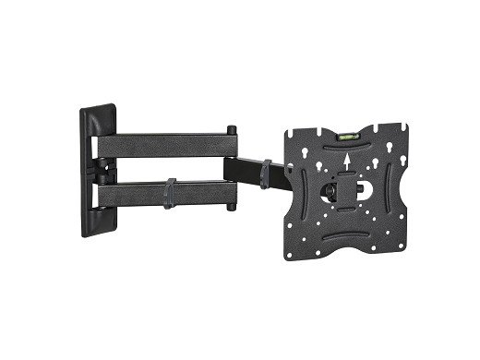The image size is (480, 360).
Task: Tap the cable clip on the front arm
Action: coord(267,173)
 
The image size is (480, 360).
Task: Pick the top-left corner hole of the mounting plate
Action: coord(292,137)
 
